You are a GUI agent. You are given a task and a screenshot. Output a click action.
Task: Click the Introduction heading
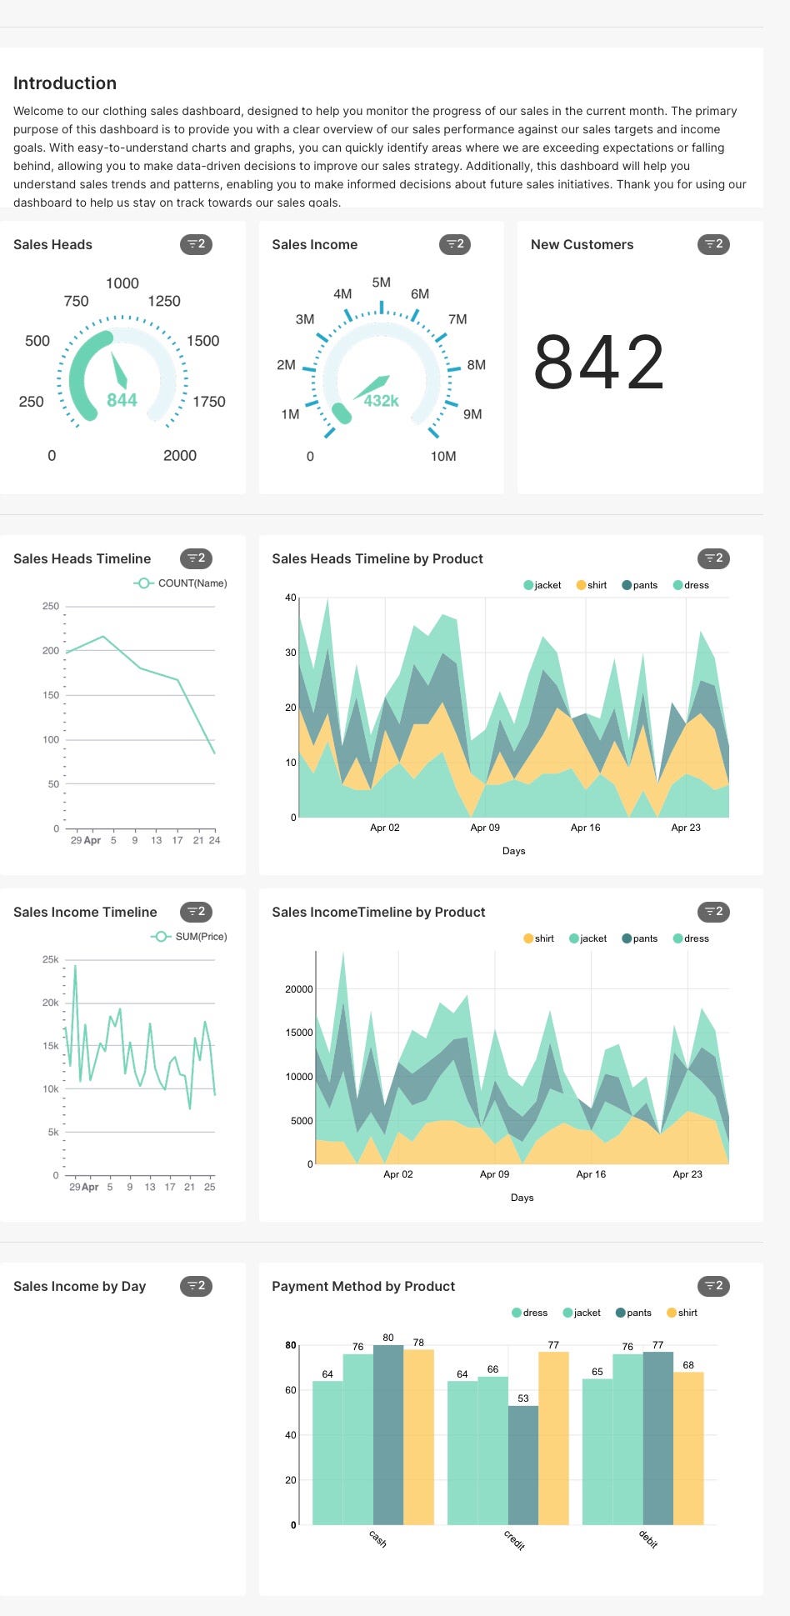tap(65, 83)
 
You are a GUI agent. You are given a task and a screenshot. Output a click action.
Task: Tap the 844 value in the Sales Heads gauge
tap(122, 400)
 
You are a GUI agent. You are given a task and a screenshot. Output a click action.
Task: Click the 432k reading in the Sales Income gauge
tap(381, 401)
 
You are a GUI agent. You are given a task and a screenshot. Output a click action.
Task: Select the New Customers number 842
tap(598, 363)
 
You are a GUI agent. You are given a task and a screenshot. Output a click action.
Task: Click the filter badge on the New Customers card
tap(713, 244)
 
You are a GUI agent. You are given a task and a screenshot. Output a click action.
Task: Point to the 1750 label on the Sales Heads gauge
tap(208, 402)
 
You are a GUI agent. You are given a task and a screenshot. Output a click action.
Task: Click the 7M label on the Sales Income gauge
tap(457, 319)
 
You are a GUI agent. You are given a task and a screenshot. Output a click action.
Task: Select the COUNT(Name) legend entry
tap(192, 583)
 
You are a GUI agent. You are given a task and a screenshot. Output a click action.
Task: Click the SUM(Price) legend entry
tap(200, 937)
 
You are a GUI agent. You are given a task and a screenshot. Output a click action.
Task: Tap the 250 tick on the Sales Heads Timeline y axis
tap(51, 606)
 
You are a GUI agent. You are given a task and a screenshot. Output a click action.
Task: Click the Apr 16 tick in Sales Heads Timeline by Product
tap(585, 828)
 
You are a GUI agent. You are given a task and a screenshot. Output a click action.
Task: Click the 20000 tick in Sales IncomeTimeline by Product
tap(298, 989)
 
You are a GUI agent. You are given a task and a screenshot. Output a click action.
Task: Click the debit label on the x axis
tap(648, 1539)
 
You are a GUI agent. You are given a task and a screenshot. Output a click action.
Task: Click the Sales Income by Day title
tap(79, 1286)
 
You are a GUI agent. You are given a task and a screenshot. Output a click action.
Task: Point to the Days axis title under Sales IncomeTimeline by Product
tap(522, 1198)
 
